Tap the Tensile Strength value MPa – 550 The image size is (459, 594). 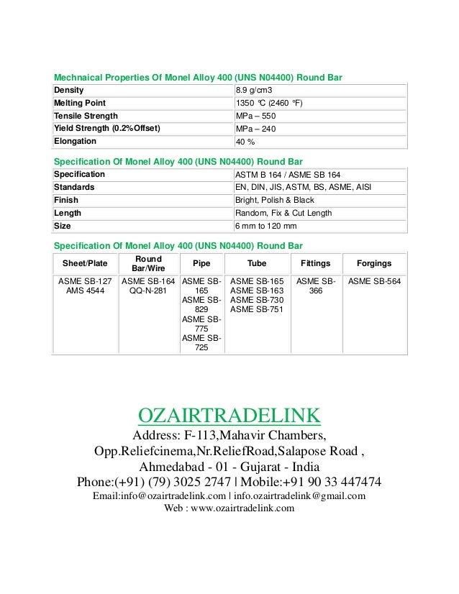click(x=256, y=116)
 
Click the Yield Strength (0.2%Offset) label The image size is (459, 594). click(x=107, y=129)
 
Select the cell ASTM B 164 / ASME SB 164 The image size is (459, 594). click(x=288, y=175)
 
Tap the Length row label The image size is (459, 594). click(x=68, y=213)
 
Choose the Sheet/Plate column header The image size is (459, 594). click(x=83, y=263)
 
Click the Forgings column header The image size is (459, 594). click(x=374, y=263)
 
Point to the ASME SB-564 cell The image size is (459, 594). click(x=374, y=281)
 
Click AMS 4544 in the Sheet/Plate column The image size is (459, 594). click(x=83, y=291)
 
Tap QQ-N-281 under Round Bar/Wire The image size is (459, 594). click(x=148, y=291)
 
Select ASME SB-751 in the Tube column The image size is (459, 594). click(x=256, y=309)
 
